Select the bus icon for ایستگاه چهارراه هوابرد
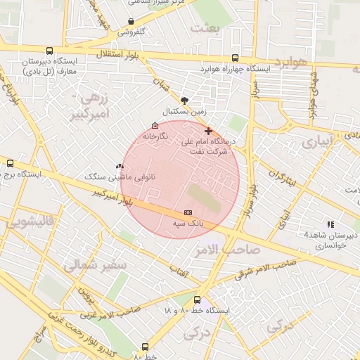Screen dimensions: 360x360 [x=234, y=58]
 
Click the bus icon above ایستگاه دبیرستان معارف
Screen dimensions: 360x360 [x=49, y=51]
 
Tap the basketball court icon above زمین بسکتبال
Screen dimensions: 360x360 [x=184, y=101]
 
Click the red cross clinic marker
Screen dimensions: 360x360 [x=208, y=131]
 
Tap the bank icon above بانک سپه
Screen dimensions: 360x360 [x=188, y=212]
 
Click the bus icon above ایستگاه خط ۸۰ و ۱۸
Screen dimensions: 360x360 [x=197, y=300]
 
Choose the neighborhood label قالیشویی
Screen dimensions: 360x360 [x=30, y=222]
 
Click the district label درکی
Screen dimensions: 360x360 [x=278, y=325]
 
